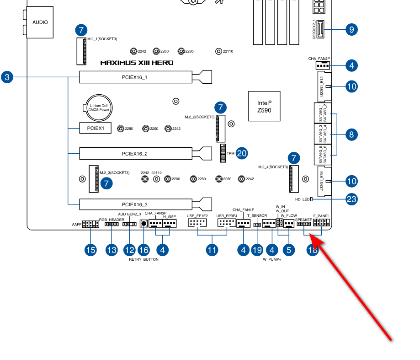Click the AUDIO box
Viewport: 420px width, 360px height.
pos(40,22)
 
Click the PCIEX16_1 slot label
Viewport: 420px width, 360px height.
pos(134,77)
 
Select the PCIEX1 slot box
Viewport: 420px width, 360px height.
pos(96,128)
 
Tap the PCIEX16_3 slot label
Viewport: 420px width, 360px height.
pos(134,204)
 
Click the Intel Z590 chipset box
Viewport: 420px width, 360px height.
pos(264,106)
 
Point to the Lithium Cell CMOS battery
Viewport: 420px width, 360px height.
pos(99,108)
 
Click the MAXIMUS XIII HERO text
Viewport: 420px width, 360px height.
pos(137,63)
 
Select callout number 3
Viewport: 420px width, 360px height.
pos(7,77)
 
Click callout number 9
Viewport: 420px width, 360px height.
pos(352,29)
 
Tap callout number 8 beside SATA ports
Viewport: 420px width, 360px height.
pos(351,134)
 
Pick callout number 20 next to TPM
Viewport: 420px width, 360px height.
pos(242,153)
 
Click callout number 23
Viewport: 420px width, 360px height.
pos(351,199)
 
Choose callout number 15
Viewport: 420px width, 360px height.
pos(90,250)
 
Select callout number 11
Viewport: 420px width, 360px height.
pos(212,250)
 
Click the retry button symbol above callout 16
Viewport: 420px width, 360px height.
pos(144,223)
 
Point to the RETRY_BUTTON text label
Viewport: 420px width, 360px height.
pos(144,259)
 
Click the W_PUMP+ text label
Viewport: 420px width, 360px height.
pos(272,259)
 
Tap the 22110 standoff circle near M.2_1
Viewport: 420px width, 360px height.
pos(218,51)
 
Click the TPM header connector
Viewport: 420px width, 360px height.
pos(223,153)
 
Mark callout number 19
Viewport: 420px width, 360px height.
pos(257,250)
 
